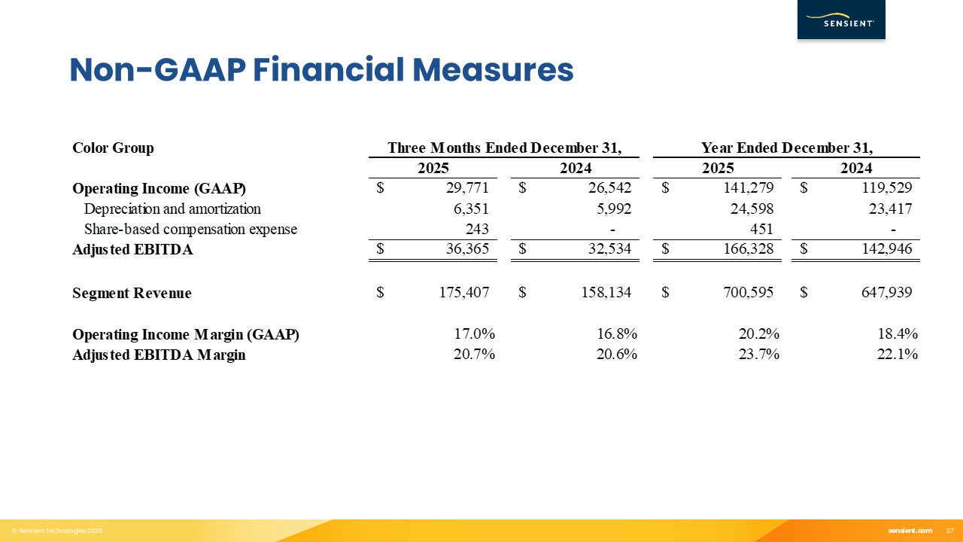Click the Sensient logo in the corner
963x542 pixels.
[x=840, y=20]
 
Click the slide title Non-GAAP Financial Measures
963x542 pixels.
[x=321, y=70]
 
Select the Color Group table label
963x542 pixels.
[x=113, y=148]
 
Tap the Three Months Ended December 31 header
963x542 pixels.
[x=504, y=148]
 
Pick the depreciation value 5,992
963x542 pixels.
[x=612, y=209]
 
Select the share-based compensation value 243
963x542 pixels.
[x=477, y=230]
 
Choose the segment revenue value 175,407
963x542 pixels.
[x=464, y=293]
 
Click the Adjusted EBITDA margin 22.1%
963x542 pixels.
[x=897, y=355]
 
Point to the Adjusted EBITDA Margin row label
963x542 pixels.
[x=159, y=355]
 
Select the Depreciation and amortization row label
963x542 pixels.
[x=172, y=209]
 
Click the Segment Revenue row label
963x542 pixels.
[x=132, y=293]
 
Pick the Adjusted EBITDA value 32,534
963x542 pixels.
[x=607, y=250]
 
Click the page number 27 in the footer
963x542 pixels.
[x=949, y=531]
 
